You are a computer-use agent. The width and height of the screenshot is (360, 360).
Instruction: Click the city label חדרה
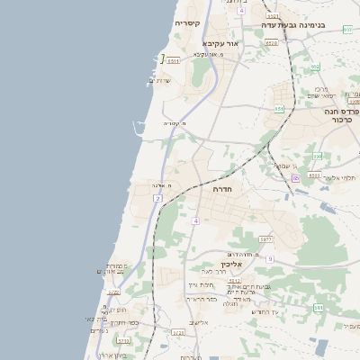[222, 190]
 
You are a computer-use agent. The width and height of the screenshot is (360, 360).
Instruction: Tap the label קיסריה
[187, 22]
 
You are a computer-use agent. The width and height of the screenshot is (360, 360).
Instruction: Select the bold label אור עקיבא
[220, 42]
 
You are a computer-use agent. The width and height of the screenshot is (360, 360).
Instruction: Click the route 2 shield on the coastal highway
[157, 198]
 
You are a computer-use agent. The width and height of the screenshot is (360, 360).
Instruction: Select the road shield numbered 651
[280, 108]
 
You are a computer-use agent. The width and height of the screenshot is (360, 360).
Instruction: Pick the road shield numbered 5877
[265, 239]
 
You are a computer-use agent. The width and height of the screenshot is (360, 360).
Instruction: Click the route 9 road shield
[269, 259]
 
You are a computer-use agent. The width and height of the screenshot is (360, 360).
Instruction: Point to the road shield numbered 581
[319, 308]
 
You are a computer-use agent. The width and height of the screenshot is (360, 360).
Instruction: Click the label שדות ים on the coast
[159, 80]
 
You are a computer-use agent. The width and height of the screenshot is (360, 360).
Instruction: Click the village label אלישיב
[200, 322]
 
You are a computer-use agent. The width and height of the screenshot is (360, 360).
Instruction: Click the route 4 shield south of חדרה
[195, 220]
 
